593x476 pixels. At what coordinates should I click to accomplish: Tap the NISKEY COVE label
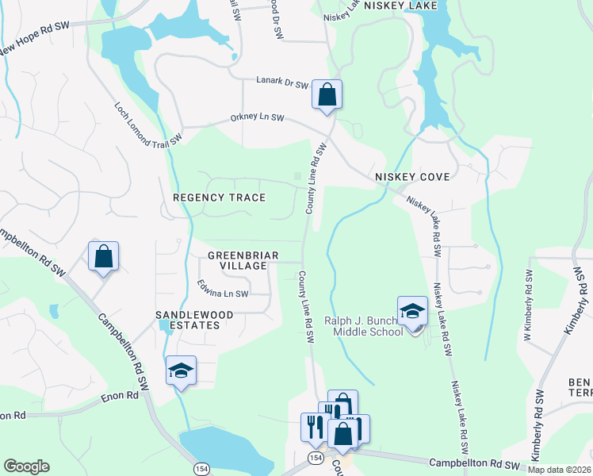[412, 177]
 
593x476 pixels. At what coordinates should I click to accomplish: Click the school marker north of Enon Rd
[181, 370]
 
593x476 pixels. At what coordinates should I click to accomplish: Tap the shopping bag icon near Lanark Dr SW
[327, 95]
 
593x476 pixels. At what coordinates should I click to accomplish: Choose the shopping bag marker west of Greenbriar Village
[103, 257]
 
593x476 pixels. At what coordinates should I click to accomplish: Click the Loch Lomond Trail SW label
[148, 123]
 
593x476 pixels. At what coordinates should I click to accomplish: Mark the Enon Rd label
[12, 415]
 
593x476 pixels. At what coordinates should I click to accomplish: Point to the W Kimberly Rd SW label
[528, 309]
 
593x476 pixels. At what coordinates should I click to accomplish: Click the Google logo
[26, 466]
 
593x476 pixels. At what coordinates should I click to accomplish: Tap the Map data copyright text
[559, 470]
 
